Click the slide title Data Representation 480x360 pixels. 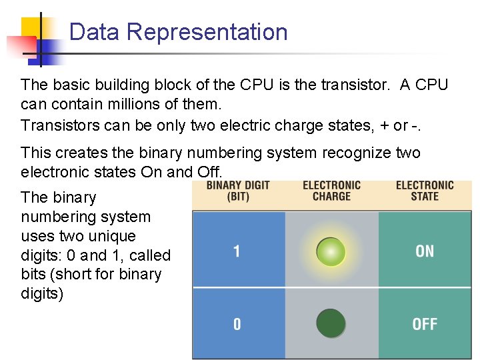pyautogui.click(x=178, y=32)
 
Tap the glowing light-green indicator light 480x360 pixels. pyautogui.click(x=331, y=252)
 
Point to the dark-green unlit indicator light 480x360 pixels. pyautogui.click(x=331, y=323)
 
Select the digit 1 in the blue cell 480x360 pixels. pyautogui.click(x=237, y=251)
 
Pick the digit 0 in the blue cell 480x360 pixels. pyautogui.click(x=237, y=324)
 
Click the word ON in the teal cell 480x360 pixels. pyautogui.click(x=425, y=251)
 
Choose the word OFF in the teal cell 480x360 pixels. pyautogui.click(x=425, y=324)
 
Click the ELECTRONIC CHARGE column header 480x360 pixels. pyautogui.click(x=331, y=191)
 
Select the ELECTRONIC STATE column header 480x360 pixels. pyautogui.click(x=425, y=191)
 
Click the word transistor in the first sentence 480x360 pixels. pyautogui.click(x=357, y=85)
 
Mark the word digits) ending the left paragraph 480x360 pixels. pyautogui.click(x=42, y=293)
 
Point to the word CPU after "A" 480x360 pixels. pyautogui.click(x=432, y=85)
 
